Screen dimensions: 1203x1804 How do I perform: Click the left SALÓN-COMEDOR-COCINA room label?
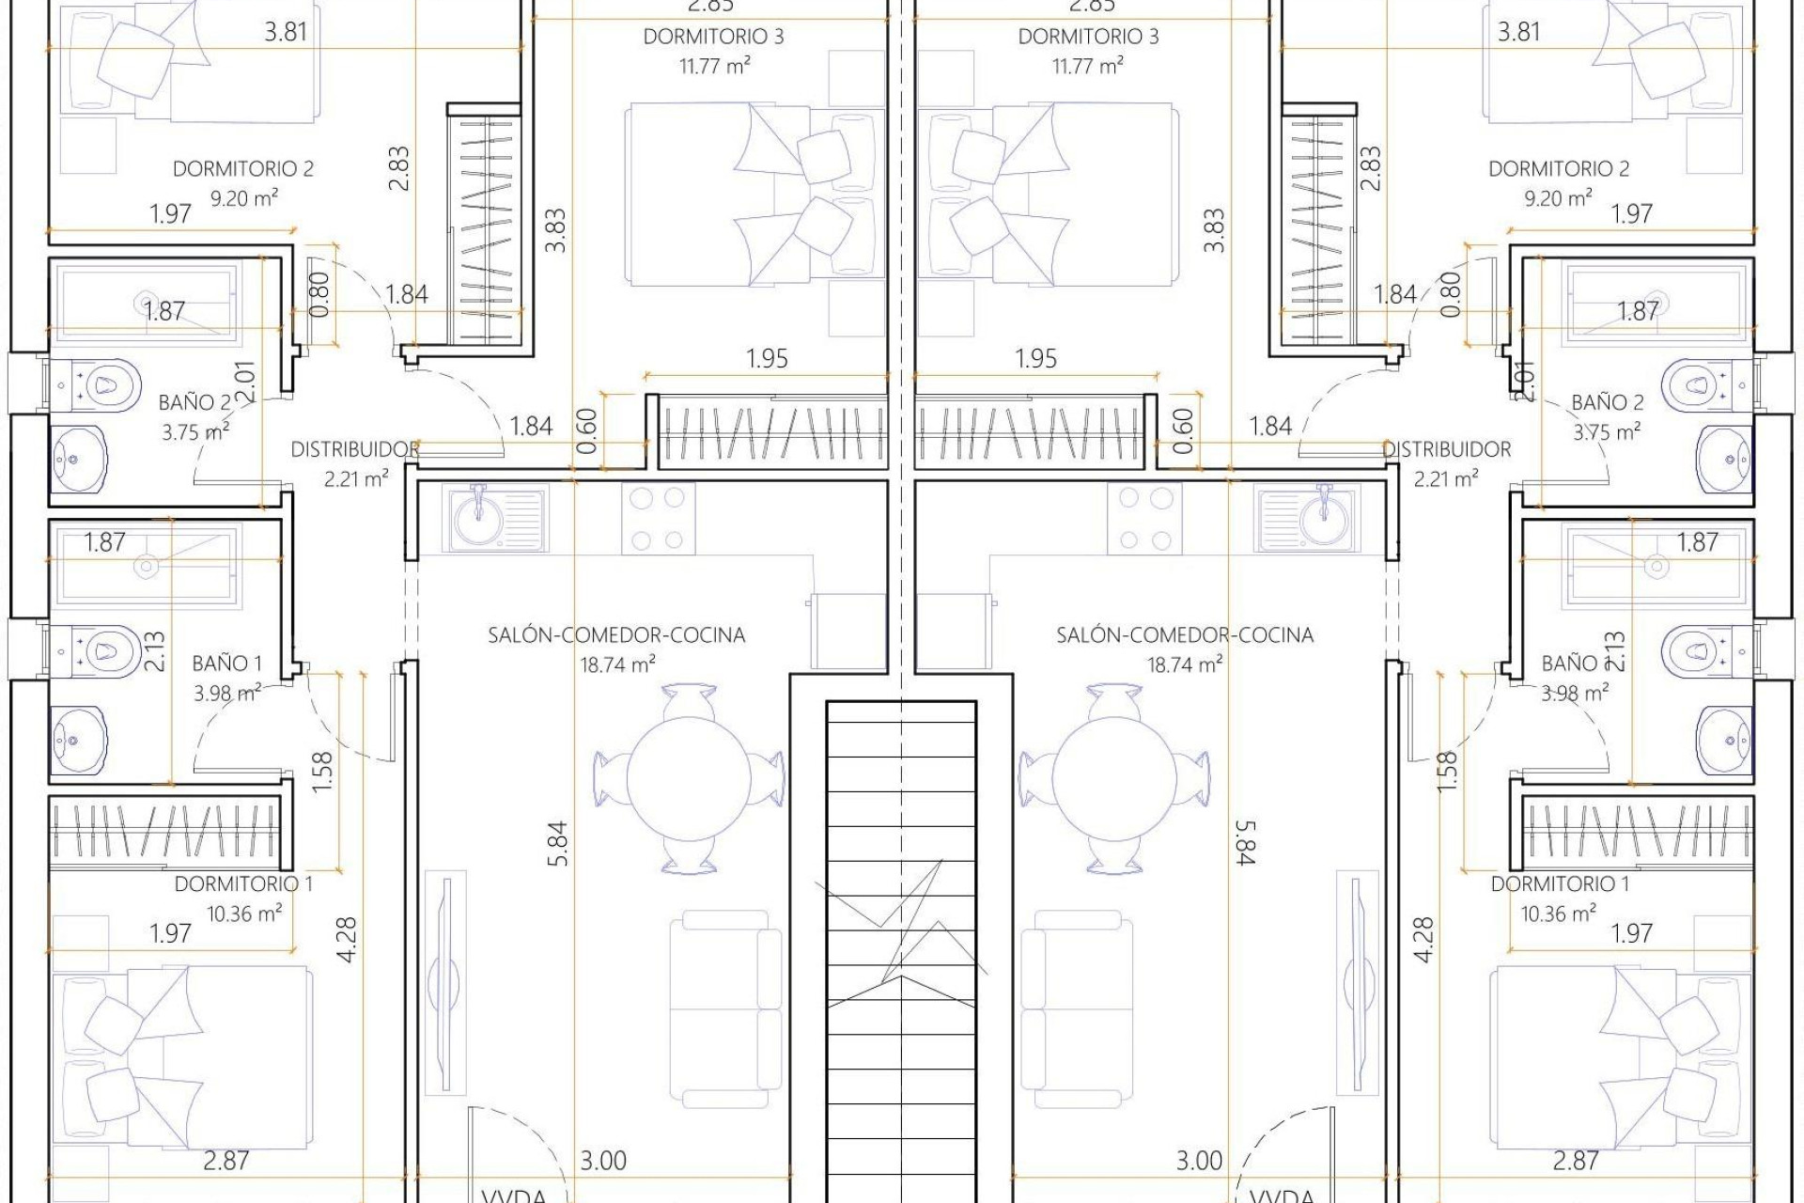pos(616,635)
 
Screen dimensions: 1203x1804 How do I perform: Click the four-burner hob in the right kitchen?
pos(1144,518)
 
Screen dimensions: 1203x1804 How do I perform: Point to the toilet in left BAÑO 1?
pos(98,649)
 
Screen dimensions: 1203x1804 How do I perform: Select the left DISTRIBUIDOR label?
pos(354,450)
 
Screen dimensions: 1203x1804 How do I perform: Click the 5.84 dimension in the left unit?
pos(558,843)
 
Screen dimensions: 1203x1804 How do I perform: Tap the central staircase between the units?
pos(901,940)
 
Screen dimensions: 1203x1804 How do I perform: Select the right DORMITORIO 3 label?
pos(1088,38)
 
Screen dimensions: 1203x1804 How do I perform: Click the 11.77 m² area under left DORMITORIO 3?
pos(715,67)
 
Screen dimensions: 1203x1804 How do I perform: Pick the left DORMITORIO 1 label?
pos(243,884)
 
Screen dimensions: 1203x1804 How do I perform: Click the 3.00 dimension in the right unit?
pos(1200,1161)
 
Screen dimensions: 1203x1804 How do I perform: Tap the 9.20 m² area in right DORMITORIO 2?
pos(1558,198)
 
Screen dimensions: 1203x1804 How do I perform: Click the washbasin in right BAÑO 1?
pos(1725,741)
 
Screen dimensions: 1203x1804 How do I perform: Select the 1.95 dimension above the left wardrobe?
pos(767,359)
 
